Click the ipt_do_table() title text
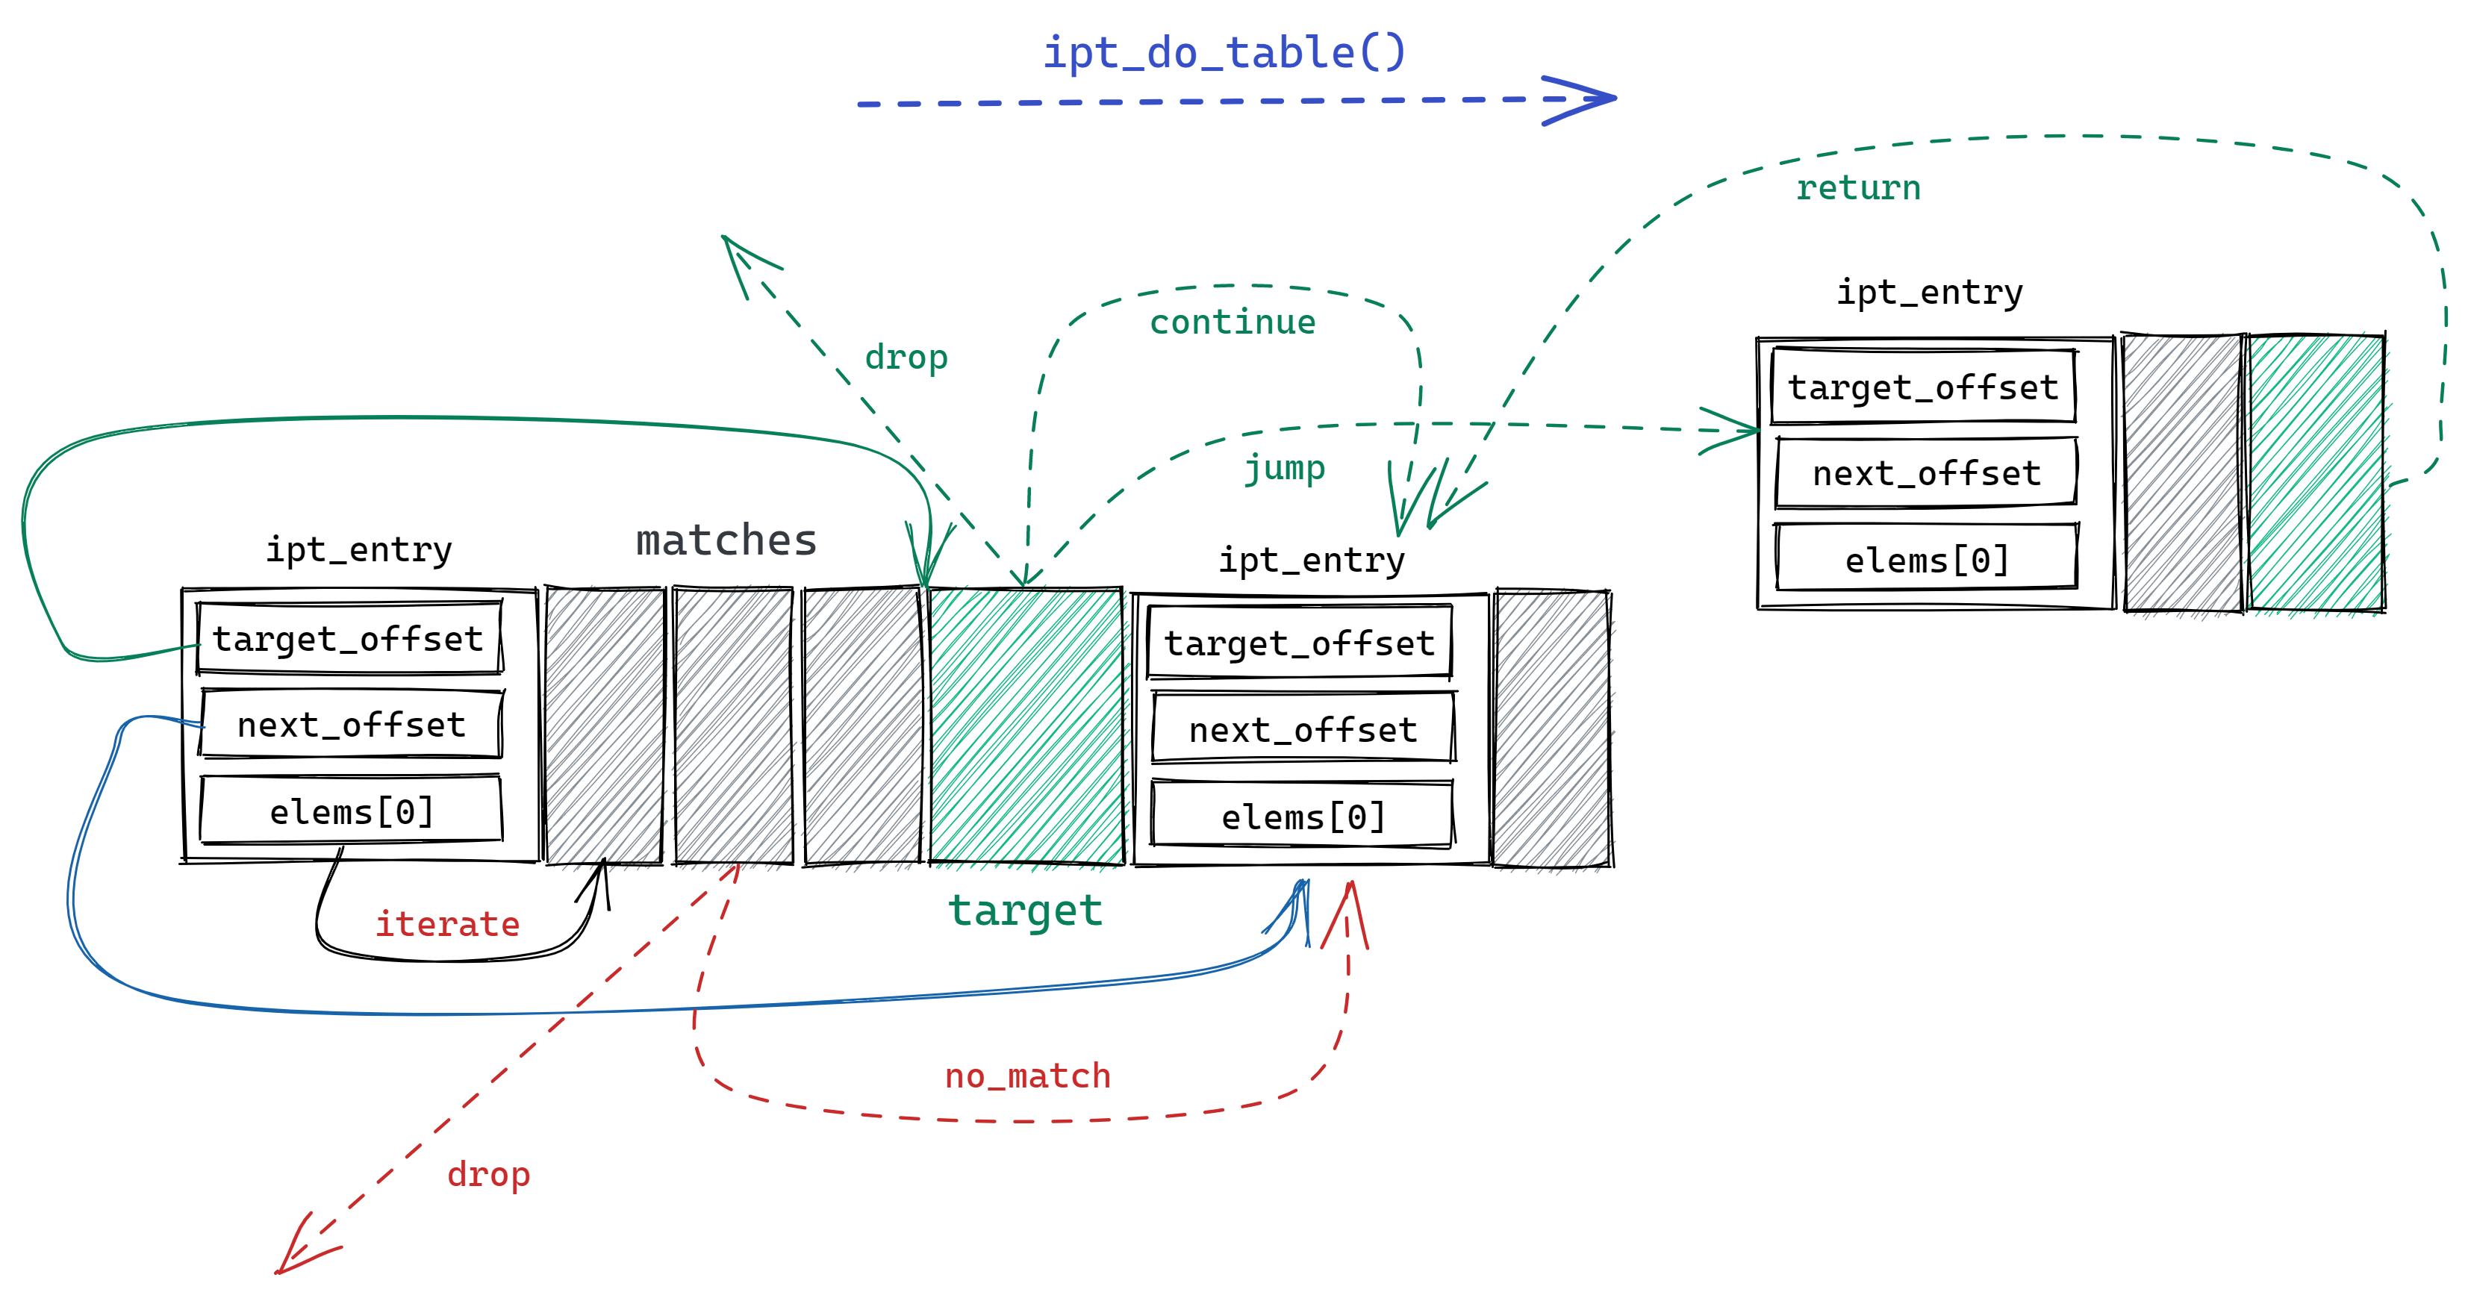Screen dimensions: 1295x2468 point(1224,53)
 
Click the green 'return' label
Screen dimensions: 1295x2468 point(1857,188)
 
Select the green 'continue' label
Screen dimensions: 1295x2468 point(1232,322)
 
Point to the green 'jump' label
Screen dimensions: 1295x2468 point(1284,469)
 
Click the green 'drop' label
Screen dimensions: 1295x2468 point(906,358)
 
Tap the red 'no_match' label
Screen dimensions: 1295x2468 point(1027,1076)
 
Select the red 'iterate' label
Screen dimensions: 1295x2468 point(446,924)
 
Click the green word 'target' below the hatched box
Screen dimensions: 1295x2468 point(1025,910)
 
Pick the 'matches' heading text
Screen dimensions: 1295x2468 point(726,541)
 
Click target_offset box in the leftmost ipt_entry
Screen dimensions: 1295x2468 point(349,639)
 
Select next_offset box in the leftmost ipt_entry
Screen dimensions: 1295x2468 point(351,725)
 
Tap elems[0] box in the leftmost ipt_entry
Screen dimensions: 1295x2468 point(351,811)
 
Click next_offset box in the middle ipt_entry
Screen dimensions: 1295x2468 point(1302,730)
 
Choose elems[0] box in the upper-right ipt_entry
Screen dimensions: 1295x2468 point(1926,559)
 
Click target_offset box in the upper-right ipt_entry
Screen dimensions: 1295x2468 point(1923,387)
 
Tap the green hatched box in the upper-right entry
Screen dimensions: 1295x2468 point(2316,472)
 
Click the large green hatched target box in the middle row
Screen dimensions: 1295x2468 point(1025,726)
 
